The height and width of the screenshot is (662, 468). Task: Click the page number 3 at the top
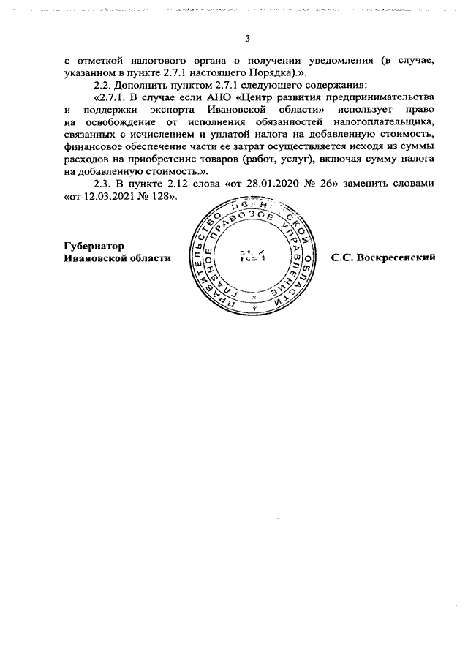pyautogui.click(x=248, y=39)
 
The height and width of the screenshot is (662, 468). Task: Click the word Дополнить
pyautogui.click(x=137, y=84)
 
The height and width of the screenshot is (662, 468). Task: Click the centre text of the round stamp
pyautogui.click(x=251, y=257)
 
